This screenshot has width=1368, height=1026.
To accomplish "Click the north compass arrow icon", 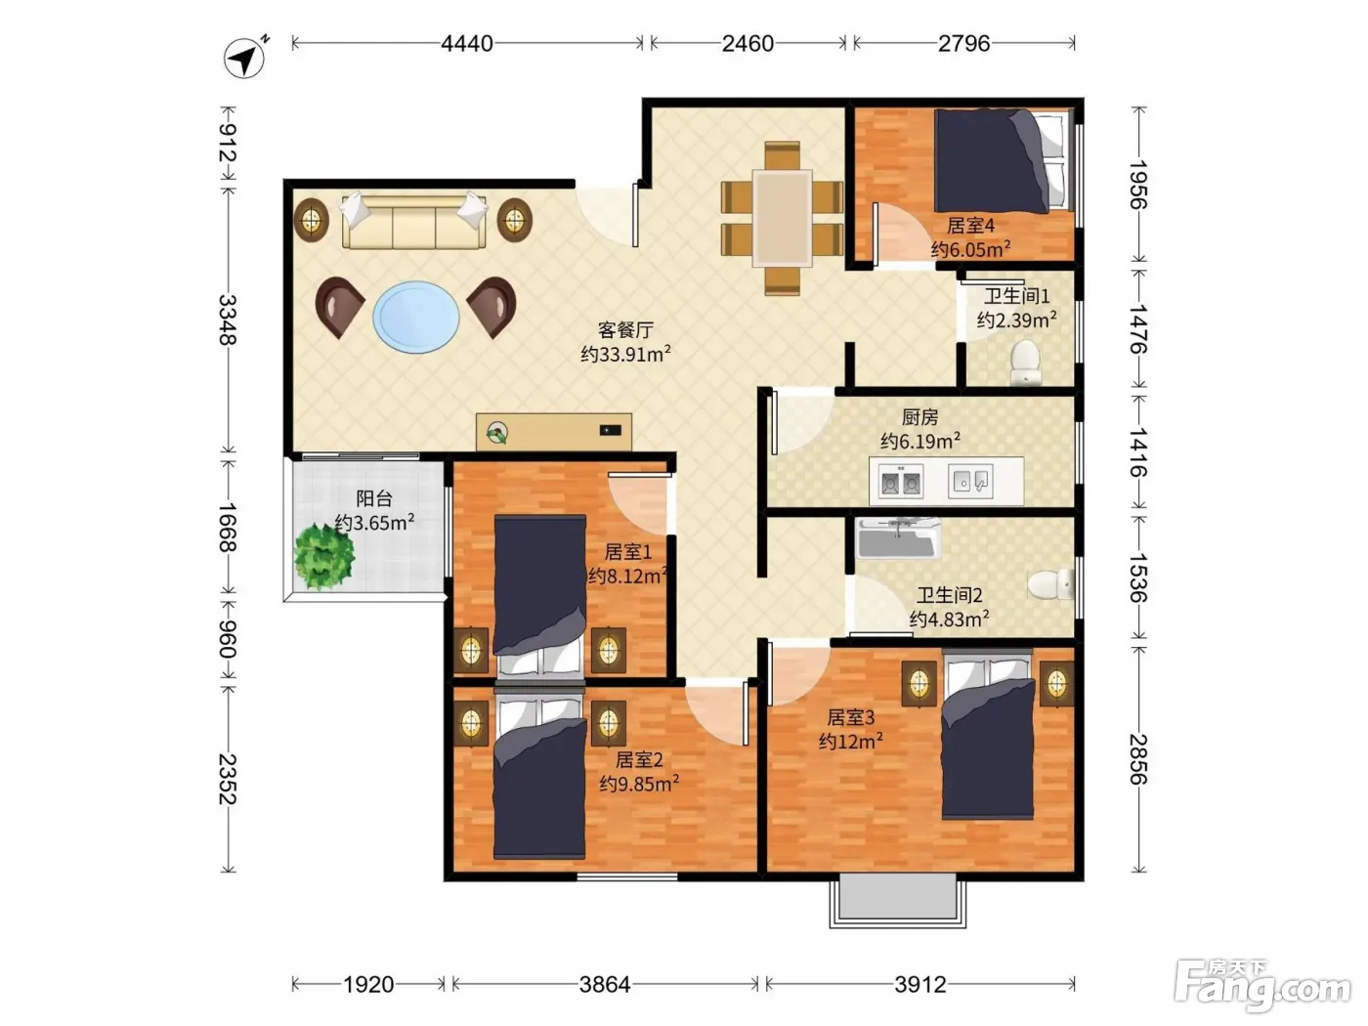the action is point(245,58).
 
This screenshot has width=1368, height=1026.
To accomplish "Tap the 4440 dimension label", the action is point(467,44).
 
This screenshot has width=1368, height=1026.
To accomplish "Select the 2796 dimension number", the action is point(963,44).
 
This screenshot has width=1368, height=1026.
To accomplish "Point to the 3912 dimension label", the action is point(919,984).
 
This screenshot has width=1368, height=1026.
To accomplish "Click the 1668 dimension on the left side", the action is point(228,527).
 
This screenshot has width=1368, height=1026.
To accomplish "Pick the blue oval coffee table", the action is point(416,318).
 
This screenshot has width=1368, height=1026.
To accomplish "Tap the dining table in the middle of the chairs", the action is point(782,219).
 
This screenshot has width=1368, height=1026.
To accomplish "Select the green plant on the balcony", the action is point(324,556).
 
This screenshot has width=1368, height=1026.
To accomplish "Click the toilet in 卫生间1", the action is point(1025,362).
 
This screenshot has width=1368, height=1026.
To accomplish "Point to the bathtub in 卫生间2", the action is point(898,537).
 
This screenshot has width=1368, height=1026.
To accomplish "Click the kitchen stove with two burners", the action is point(901,482).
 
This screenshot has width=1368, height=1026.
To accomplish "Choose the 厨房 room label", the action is point(919,417).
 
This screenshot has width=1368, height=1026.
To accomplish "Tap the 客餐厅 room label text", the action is point(625,329).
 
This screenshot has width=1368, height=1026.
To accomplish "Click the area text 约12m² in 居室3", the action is point(851,742).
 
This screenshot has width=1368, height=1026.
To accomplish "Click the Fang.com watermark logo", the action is point(1262,987).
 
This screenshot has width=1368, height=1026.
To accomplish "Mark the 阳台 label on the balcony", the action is point(374,498).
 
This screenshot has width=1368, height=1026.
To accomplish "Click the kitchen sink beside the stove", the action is point(970,482).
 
